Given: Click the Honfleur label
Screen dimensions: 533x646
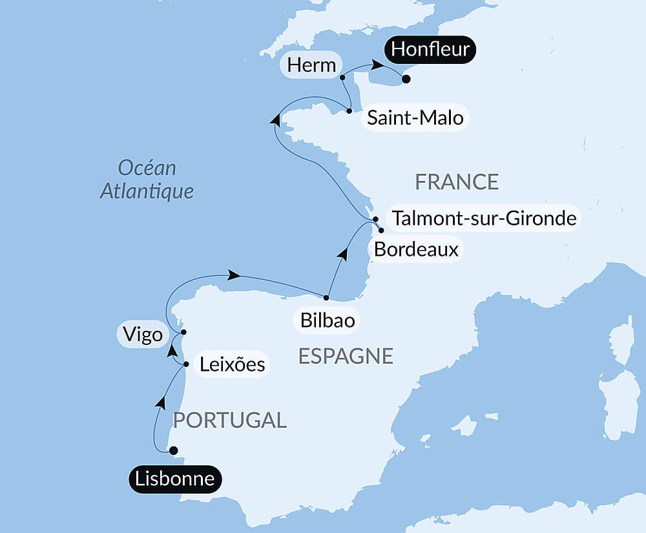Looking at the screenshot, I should [430, 50].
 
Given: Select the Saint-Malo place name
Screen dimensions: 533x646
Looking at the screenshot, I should [415, 118].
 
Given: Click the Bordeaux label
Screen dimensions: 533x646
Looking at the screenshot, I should [417, 249].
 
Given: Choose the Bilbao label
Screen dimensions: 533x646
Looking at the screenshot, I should [327, 320].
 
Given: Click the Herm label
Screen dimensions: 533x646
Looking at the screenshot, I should [311, 65].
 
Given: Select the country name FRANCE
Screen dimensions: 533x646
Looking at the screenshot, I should [457, 182].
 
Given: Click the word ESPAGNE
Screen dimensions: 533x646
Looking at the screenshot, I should [346, 356].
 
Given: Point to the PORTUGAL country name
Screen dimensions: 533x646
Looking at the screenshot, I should [229, 420].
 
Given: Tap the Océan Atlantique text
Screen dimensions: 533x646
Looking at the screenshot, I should [147, 180].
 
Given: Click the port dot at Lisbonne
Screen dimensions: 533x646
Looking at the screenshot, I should [173, 450].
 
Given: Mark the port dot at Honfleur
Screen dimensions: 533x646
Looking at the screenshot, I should [406, 79].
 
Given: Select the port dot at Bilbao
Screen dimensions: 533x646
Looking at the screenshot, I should [326, 298].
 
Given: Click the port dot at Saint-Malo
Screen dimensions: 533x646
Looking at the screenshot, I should [349, 111].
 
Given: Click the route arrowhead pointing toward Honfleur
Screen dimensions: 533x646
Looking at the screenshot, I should [375, 65].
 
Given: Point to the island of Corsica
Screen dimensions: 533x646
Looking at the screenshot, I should [621, 339].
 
